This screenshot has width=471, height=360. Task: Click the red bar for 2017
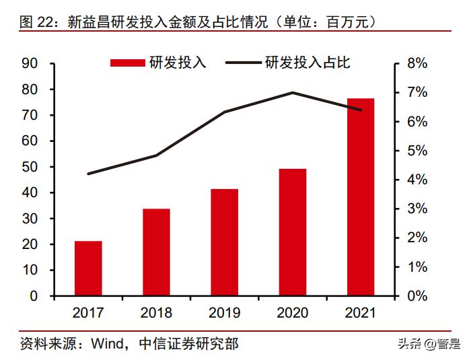88,268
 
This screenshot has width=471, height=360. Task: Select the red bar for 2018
156,252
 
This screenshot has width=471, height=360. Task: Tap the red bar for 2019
224,242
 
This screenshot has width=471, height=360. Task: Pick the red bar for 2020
293,232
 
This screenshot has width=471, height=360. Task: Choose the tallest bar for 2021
361,196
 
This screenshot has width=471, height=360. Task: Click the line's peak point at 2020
293,92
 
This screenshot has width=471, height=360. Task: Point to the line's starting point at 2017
88,174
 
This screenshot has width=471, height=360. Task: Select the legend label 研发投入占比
307,63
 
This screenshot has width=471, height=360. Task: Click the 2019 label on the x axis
224,313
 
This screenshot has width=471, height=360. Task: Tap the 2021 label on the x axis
361,313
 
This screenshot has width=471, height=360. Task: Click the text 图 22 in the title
36,22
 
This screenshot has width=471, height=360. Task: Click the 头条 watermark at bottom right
406,345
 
